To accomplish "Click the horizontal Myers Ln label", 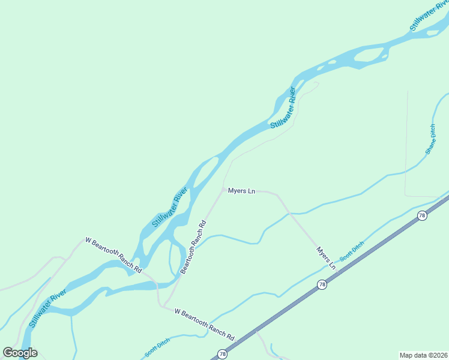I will [x=242, y=191].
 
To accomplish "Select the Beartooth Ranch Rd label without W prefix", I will [x=194, y=248].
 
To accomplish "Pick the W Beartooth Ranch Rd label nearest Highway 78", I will [x=204, y=323].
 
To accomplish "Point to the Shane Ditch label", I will [x=432, y=139].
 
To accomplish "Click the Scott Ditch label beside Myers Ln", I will [x=352, y=251].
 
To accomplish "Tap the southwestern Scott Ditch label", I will [x=157, y=348].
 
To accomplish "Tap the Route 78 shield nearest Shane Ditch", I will [x=422, y=215].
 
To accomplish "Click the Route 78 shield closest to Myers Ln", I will [x=322, y=284].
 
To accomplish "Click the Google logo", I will [x=20, y=353].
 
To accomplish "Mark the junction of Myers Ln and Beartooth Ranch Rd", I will [x=224, y=190].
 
